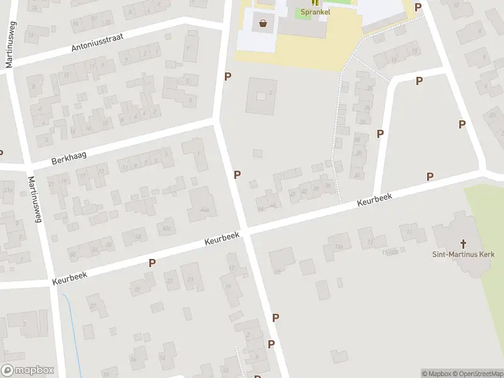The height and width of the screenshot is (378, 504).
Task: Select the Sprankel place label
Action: coord(314,12)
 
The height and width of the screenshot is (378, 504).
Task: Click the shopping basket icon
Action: coord(263,24)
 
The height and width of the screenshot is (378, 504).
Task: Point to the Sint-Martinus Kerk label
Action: coord(464,255)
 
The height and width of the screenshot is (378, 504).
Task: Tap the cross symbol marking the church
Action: coord(464,243)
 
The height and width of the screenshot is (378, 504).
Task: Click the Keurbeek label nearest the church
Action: coord(374,200)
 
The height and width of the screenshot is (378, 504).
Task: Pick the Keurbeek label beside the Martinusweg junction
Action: coord(70,273)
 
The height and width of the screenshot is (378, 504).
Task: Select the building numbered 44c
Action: coord(167,227)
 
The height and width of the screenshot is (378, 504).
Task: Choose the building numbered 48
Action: coord(135,237)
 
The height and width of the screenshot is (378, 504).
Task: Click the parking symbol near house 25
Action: coord(152,263)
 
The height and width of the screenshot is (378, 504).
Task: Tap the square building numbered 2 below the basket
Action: coord(261,96)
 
